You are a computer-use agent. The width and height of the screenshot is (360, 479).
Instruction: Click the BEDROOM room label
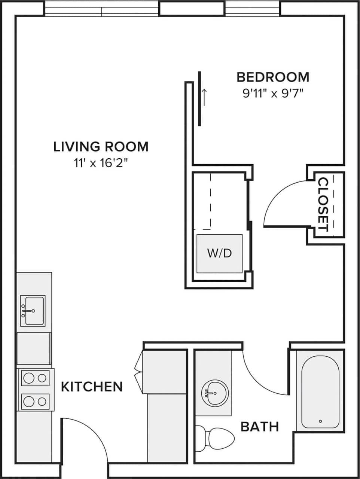273,77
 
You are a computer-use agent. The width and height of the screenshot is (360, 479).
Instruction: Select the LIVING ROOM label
101,146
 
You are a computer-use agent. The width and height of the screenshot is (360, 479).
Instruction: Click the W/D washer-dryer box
220,253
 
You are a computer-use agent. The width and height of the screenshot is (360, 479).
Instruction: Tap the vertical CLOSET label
323,204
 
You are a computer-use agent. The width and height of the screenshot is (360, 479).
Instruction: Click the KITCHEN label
92,387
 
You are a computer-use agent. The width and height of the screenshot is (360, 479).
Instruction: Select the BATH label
260,426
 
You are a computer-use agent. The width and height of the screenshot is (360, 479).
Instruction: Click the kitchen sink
33,311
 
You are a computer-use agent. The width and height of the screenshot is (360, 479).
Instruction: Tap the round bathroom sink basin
214,393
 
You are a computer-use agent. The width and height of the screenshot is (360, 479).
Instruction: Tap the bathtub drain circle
320,421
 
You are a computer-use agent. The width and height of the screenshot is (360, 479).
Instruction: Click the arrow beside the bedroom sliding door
204,98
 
